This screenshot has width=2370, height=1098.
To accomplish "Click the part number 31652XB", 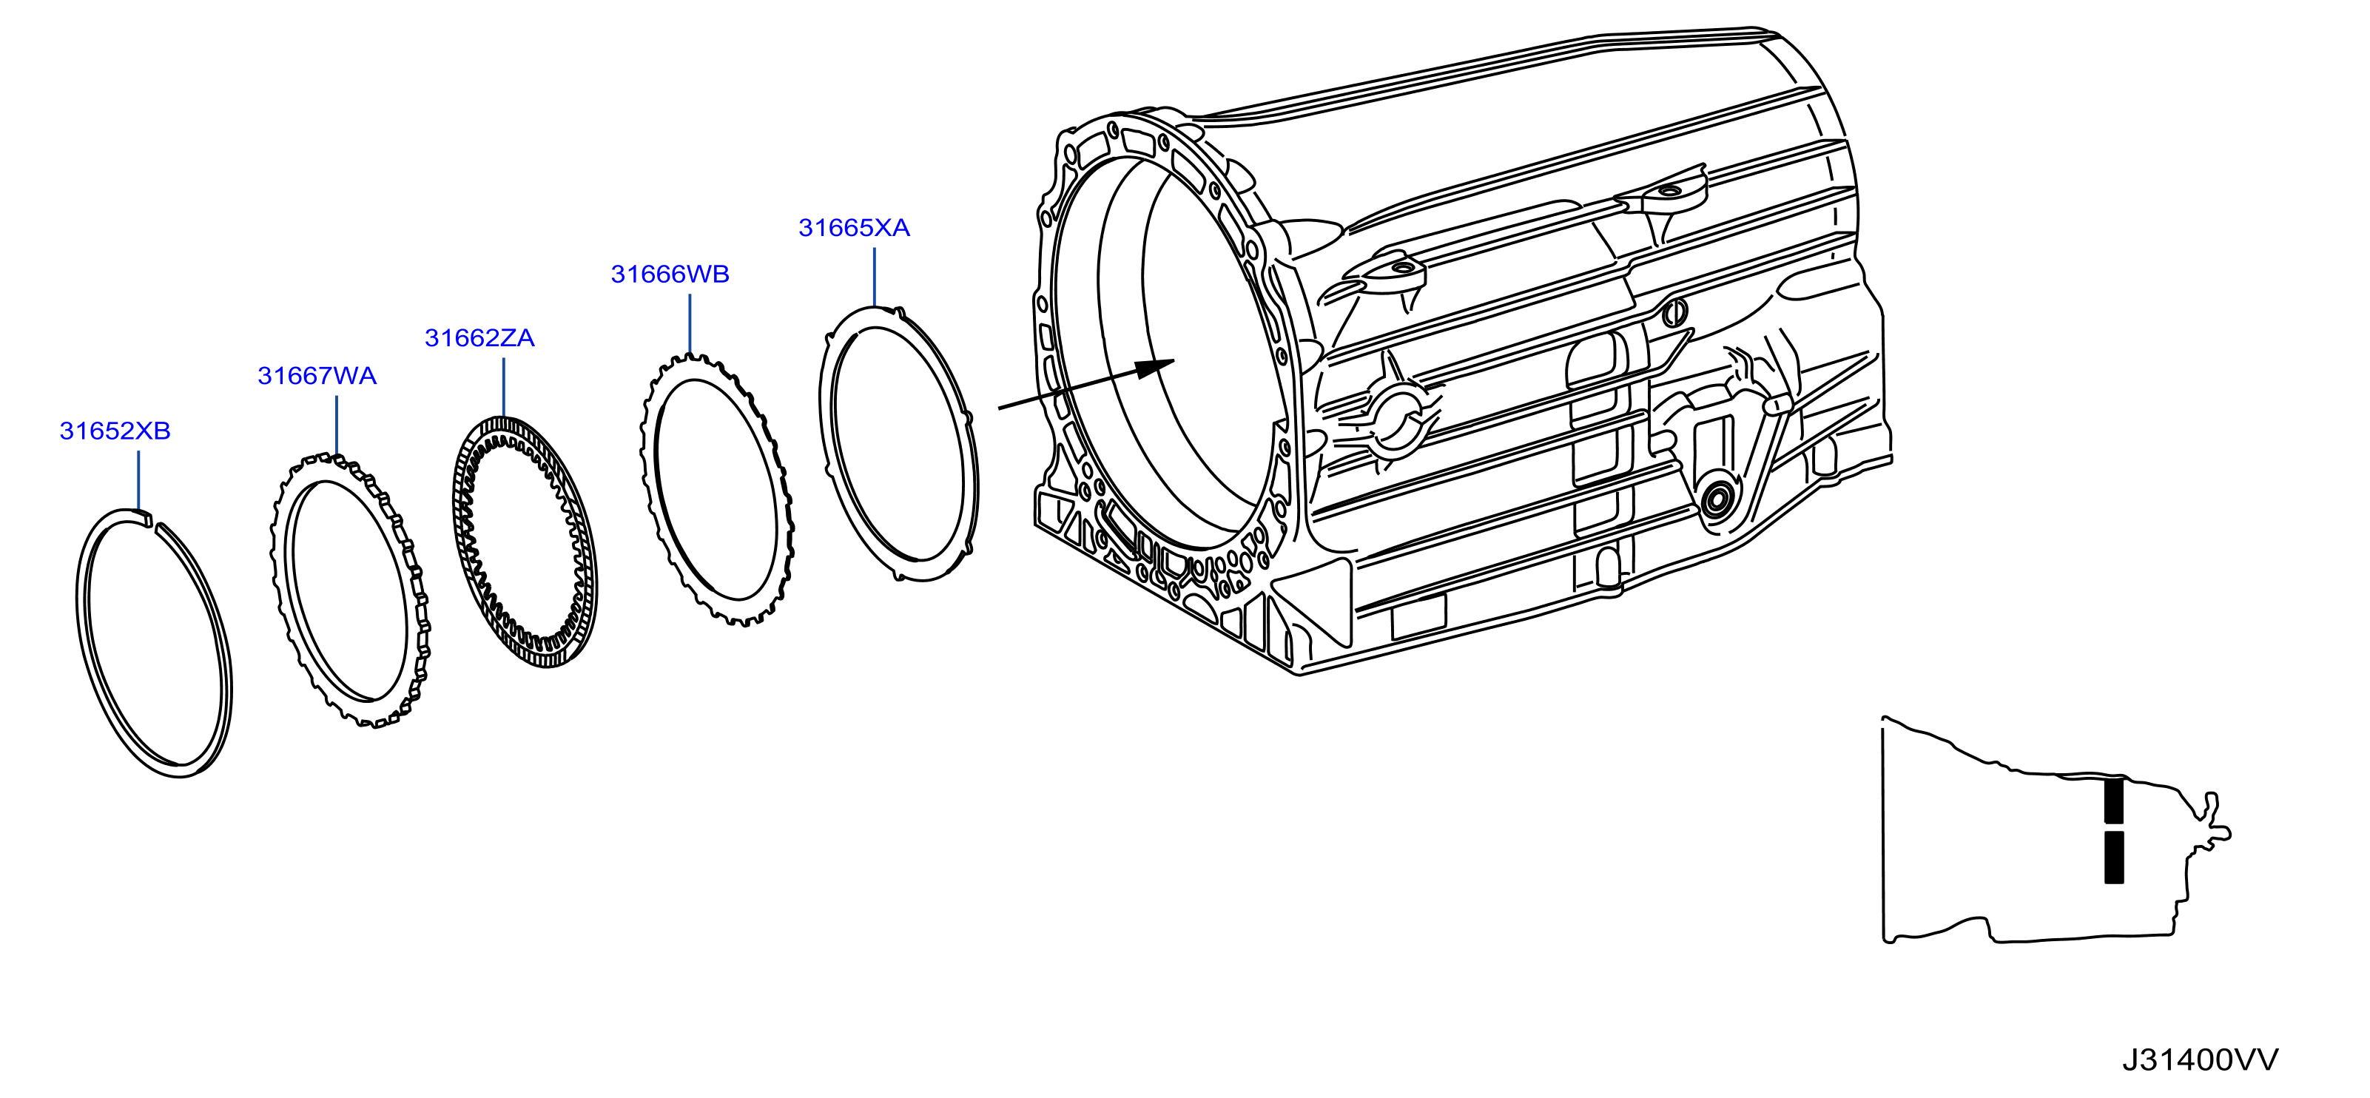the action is coord(115,431).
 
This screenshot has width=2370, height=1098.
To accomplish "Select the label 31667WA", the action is coord(317,376).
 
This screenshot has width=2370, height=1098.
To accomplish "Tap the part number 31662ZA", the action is coord(479,338).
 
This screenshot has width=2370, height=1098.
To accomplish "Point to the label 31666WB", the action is coord(670,274).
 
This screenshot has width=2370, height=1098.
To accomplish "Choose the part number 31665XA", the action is coord(854,228).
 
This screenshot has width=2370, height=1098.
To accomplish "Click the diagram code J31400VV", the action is coord(2201,1060).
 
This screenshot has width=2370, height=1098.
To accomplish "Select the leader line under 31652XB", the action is coord(138,481).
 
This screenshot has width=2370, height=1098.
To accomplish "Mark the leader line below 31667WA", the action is coord(337,425).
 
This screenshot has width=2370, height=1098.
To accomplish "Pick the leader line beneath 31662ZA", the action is coord(504,387).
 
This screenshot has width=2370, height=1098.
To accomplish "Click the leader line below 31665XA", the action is coord(874,277).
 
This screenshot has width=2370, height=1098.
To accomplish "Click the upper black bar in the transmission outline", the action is coord(2114,800).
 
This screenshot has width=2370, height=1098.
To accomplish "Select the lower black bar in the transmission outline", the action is coord(2114,857).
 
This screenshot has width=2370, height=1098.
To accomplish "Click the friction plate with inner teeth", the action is coord(526,542).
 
